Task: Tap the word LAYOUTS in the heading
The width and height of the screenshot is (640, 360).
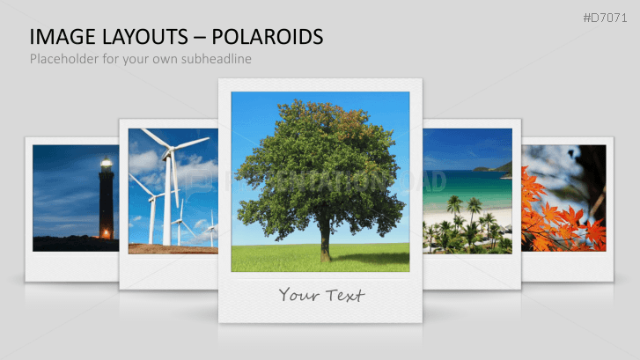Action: pyautogui.click(x=138, y=36)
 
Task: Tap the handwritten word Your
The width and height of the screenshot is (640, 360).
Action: pyautogui.click(x=298, y=294)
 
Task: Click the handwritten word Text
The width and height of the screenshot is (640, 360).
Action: pyautogui.click(x=344, y=294)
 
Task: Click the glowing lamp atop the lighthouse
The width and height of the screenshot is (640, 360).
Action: pyautogui.click(x=106, y=163)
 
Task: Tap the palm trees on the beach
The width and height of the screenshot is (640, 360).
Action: pyautogui.click(x=467, y=224)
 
